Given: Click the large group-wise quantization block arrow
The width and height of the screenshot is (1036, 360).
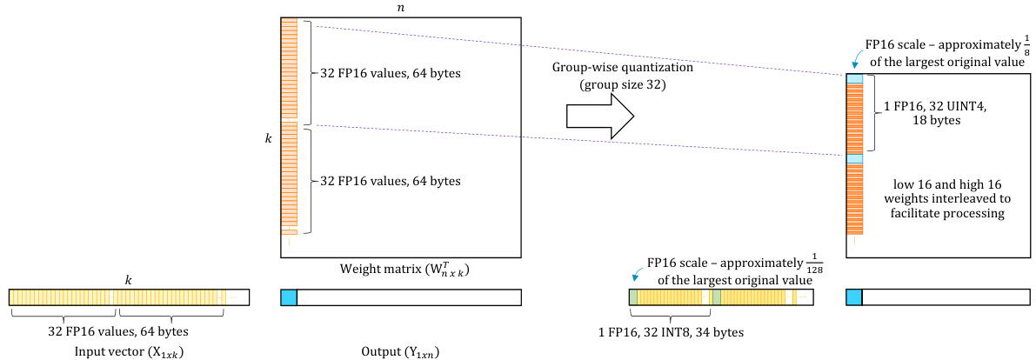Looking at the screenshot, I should (x=599, y=117).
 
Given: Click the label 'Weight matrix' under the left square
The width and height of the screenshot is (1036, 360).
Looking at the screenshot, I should (x=401, y=267).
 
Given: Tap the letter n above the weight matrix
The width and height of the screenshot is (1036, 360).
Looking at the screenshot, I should (x=401, y=7).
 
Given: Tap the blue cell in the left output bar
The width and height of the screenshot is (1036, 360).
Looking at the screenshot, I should (x=289, y=297).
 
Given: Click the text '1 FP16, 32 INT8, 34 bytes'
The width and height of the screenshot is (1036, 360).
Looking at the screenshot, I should (x=670, y=331).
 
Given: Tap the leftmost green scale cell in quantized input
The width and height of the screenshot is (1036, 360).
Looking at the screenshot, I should (x=633, y=297).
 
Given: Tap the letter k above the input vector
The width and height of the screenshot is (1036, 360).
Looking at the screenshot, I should (x=129, y=281).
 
